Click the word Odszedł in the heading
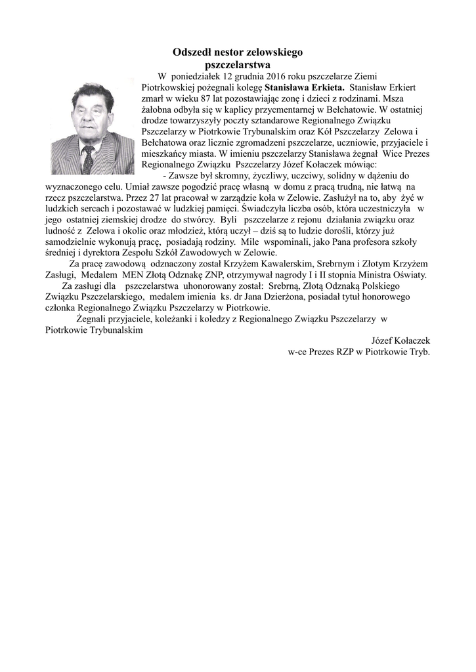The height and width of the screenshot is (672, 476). click(x=190, y=52)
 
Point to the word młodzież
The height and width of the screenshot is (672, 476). click(x=189, y=232)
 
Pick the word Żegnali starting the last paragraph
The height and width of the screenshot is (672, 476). click(x=93, y=320)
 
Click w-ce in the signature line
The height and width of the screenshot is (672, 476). click(x=299, y=352)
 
